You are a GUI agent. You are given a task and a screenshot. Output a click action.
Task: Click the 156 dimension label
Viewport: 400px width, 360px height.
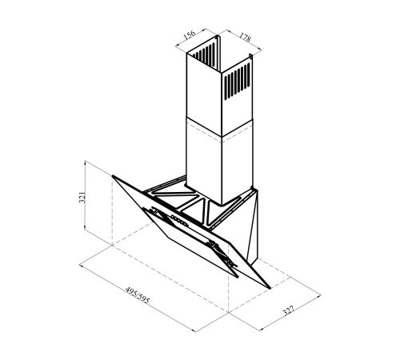[190, 35]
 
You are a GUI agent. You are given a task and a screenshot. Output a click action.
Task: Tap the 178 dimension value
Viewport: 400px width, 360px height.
[245, 37]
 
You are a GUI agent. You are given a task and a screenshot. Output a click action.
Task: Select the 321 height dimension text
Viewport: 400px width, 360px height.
[82, 198]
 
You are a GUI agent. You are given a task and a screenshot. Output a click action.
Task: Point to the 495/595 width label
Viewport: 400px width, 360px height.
[138, 295]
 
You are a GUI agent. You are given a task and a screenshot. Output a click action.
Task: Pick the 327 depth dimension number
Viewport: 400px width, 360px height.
[288, 311]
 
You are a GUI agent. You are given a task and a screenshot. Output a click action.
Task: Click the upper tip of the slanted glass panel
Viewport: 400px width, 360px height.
[113, 176]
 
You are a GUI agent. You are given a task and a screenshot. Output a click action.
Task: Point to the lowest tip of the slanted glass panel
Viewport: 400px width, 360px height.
[270, 289]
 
